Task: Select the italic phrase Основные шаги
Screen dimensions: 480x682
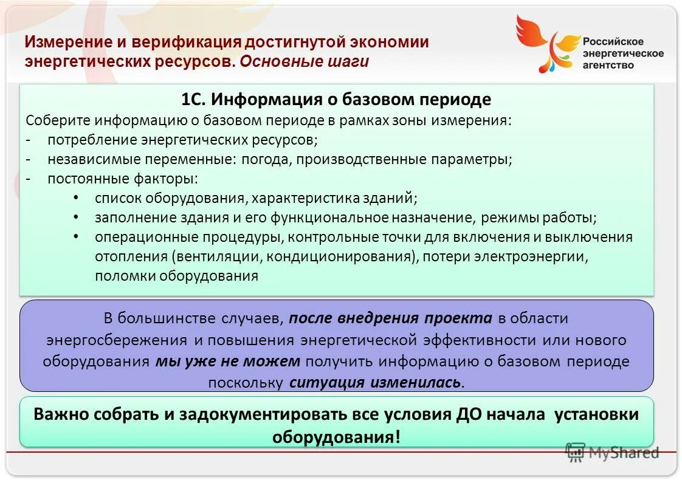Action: tap(304, 62)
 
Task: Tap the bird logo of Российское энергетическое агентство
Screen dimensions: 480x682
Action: tap(546, 43)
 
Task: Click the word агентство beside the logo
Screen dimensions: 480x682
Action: tap(608, 66)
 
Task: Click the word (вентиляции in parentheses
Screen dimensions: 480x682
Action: tap(218, 256)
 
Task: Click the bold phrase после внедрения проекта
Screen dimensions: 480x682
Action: tap(390, 318)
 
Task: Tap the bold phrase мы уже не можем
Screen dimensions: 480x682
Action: tap(228, 362)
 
